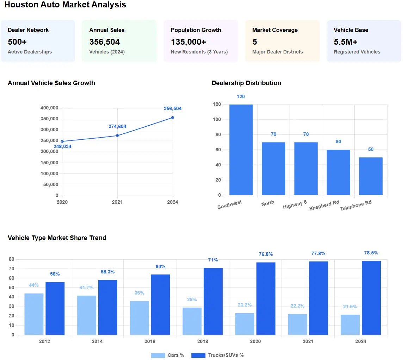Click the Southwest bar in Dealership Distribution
tap(241, 150)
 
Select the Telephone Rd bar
tap(371, 176)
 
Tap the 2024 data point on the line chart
tap(172, 118)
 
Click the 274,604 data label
tap(117, 127)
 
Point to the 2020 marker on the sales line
tap(62, 141)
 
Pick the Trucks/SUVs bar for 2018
tap(213, 301)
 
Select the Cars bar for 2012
tap(34, 314)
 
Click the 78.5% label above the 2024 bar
tap(371, 253)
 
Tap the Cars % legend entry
tap(167, 355)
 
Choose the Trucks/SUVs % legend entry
tap(217, 355)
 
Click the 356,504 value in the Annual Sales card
tap(105, 42)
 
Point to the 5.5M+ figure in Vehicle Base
tap(346, 42)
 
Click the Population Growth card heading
tap(196, 30)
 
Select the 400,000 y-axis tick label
tap(49, 108)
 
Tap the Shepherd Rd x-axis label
tap(324, 206)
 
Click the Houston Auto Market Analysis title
tap(65, 5)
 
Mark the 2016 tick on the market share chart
tap(150, 341)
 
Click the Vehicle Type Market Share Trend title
tap(57, 238)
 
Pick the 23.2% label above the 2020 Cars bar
tap(244, 305)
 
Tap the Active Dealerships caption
tap(30, 52)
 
